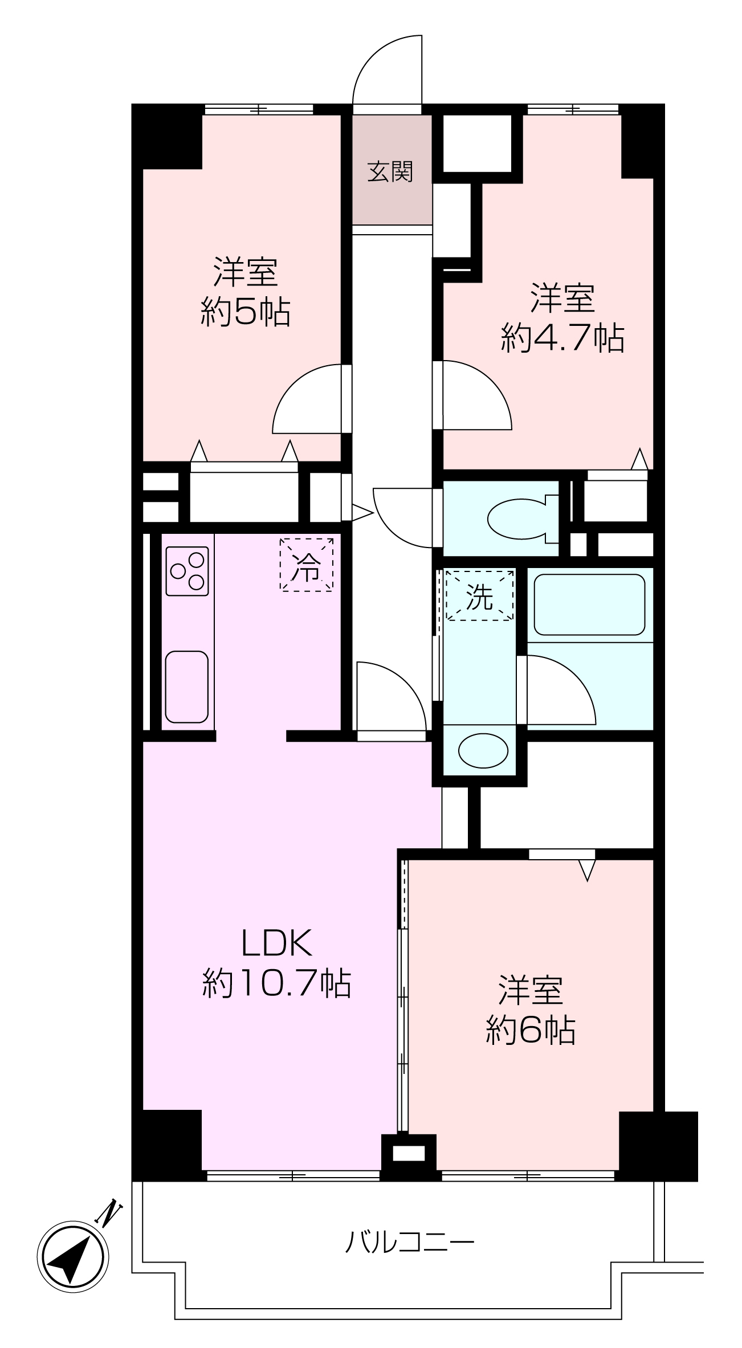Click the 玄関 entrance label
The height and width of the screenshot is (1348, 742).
pyautogui.click(x=390, y=171)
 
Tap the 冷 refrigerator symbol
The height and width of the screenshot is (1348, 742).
pyautogui.click(x=307, y=565)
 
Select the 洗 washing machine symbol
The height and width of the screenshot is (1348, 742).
pyautogui.click(x=479, y=596)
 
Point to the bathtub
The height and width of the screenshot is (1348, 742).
pyautogui.click(x=589, y=604)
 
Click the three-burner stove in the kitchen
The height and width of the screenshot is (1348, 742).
pyautogui.click(x=187, y=571)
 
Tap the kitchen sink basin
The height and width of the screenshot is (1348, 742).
pyautogui.click(x=187, y=687)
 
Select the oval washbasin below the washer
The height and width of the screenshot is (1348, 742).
pyautogui.click(x=483, y=750)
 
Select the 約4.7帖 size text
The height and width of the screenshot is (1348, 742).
pyautogui.click(x=562, y=338)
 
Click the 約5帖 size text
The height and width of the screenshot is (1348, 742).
pyautogui.click(x=246, y=312)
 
